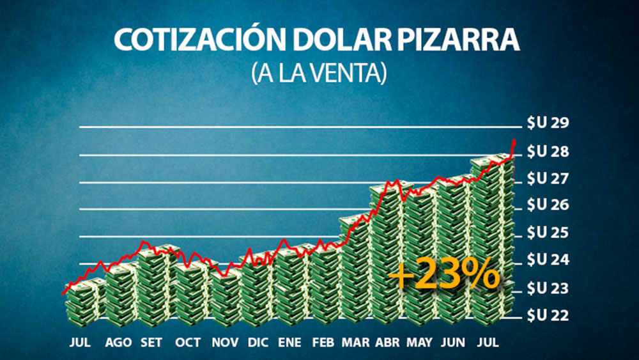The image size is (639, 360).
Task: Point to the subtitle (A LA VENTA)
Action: click(319, 73)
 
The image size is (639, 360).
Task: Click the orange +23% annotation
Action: click(445, 276)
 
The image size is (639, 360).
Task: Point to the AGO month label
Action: click(119, 343)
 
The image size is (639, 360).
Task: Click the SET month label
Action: click(152, 343)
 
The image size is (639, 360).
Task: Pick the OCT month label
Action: click(189, 343)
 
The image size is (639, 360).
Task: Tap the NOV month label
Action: click(224, 343)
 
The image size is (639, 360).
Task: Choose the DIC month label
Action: click(258, 343)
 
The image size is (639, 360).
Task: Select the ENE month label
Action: click(290, 343)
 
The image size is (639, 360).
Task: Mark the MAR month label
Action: click(355, 343)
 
